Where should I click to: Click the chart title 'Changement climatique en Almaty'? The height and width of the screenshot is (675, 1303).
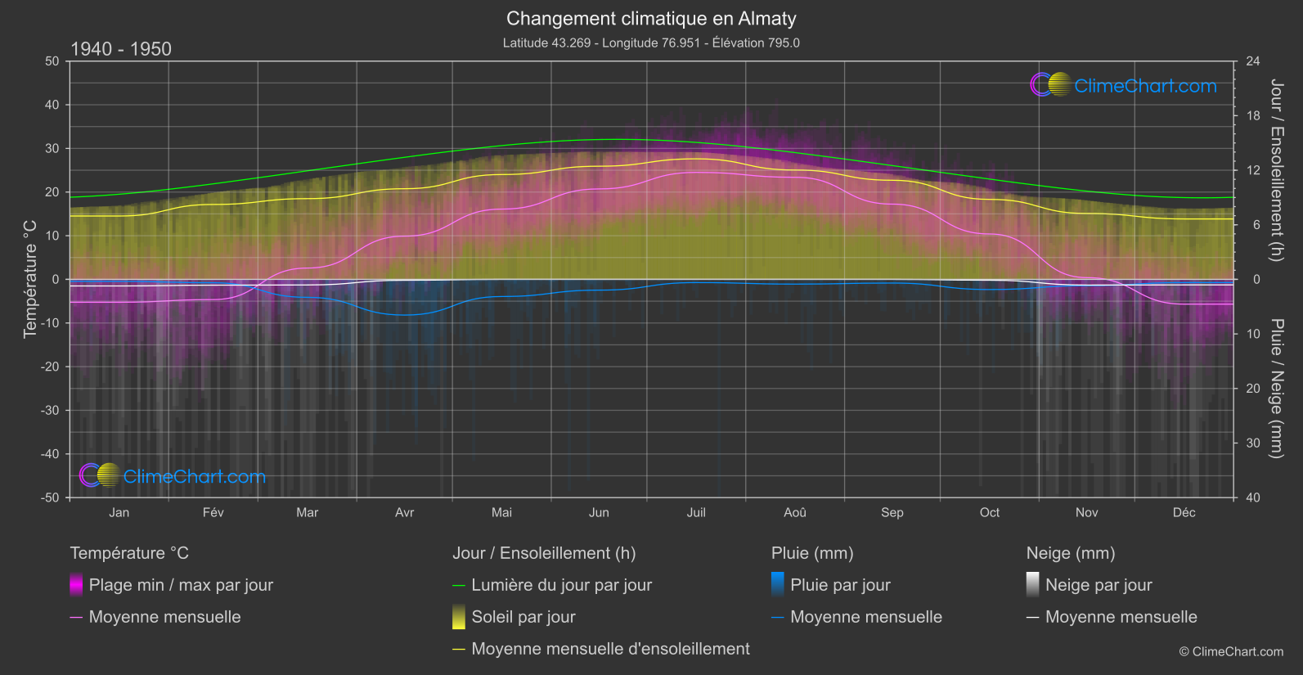651,19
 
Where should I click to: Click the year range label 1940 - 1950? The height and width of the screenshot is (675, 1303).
121,49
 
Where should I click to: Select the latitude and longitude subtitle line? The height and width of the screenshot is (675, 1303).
651,43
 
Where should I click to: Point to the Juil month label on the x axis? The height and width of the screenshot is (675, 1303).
696,513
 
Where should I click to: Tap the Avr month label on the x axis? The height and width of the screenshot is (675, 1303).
404,513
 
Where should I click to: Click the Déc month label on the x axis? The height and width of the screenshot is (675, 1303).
1184,513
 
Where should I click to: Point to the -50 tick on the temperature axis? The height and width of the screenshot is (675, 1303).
52,497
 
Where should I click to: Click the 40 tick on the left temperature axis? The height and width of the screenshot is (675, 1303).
52,105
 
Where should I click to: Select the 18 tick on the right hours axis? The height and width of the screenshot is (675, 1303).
1253,116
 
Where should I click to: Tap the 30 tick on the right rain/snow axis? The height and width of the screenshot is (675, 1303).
1253,443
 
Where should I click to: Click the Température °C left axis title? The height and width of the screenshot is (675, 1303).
30,279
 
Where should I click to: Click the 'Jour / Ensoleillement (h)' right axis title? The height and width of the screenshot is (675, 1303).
1276,170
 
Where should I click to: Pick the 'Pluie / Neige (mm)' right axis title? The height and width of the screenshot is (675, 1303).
1276,389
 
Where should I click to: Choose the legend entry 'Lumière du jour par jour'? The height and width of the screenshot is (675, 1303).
561,585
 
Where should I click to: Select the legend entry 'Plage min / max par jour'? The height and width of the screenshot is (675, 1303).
181,585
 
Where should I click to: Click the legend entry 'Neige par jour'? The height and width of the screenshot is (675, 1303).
1099,585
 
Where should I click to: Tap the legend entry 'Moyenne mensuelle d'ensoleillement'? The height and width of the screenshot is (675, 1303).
610,649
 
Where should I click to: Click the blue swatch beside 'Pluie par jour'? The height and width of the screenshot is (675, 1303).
778,585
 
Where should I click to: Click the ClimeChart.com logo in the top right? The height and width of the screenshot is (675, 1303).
1124,85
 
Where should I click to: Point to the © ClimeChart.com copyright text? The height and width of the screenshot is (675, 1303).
1231,652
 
